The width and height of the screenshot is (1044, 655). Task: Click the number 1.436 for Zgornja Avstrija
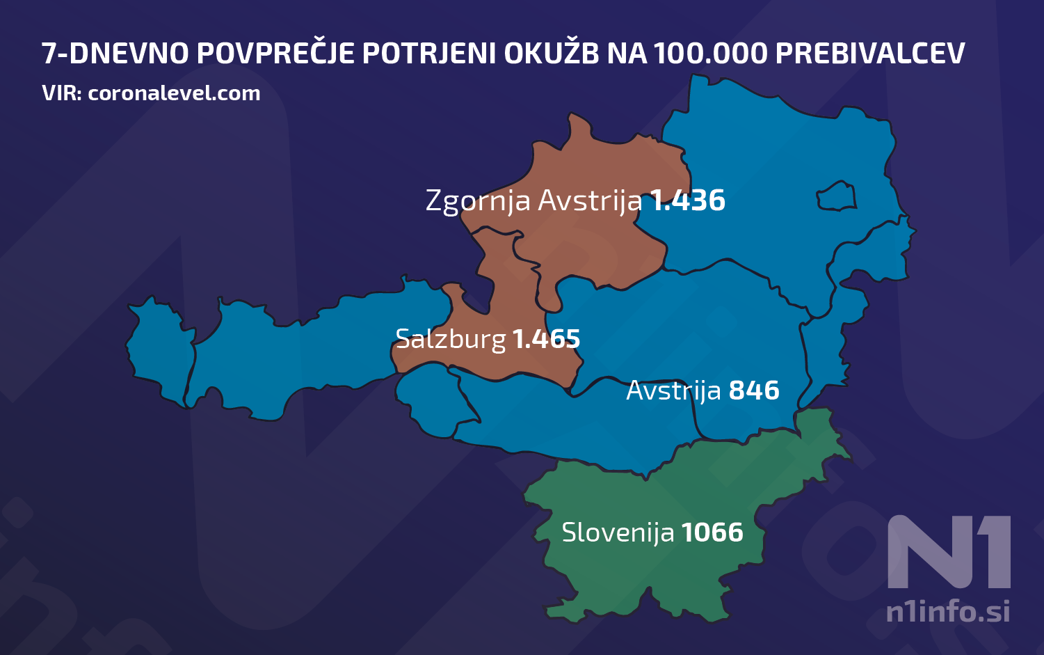tap(687, 200)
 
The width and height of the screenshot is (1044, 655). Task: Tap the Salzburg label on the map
tap(450, 339)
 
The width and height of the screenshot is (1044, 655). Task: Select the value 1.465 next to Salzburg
tap(546, 339)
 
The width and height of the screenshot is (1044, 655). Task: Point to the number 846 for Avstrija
tap(754, 390)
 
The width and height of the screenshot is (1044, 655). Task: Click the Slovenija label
tap(618, 532)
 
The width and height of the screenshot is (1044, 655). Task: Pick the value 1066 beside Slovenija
tap(712, 532)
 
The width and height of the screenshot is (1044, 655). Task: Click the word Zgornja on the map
tap(479, 201)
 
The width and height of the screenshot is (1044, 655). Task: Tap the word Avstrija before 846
tap(673, 391)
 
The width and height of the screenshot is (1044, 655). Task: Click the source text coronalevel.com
tap(174, 93)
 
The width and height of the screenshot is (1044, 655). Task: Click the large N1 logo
tap(949, 551)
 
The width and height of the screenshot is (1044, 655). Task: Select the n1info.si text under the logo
tap(947, 612)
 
